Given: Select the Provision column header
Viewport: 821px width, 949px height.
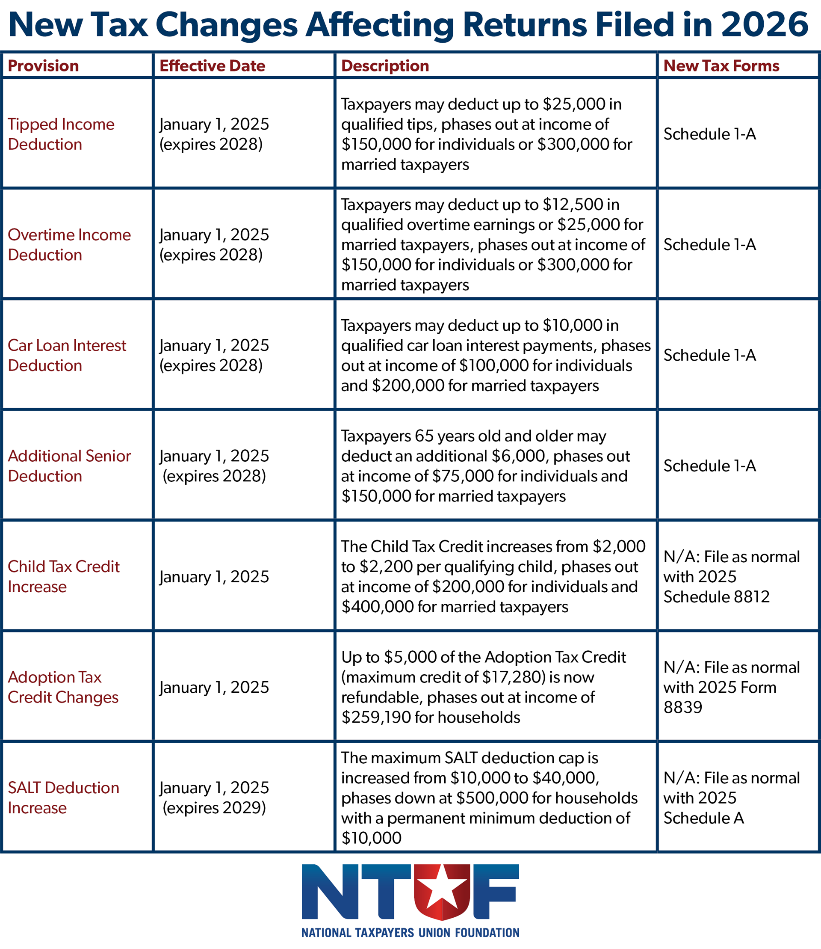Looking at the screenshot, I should pyautogui.click(x=44, y=66).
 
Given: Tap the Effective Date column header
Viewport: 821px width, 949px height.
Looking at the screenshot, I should pyautogui.click(x=212, y=66).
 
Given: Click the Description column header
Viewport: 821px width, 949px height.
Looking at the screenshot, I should pyautogui.click(x=385, y=66).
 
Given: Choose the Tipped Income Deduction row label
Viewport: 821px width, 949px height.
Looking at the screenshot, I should pyautogui.click(x=61, y=134).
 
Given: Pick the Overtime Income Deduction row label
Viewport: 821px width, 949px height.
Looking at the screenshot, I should pyautogui.click(x=69, y=245).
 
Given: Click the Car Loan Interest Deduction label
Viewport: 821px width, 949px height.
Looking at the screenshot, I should pyautogui.click(x=67, y=355).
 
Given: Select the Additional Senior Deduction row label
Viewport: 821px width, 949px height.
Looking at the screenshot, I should pyautogui.click(x=69, y=466).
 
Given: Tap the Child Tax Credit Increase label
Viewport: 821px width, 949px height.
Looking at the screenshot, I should pyautogui.click(x=63, y=576).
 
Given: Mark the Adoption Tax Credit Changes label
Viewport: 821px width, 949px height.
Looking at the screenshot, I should pyautogui.click(x=63, y=687).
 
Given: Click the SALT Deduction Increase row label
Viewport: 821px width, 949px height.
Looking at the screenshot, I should pyautogui.click(x=63, y=797).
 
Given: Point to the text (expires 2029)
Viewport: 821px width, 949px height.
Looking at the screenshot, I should pyautogui.click(x=214, y=807).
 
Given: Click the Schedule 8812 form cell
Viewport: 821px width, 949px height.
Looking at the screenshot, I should pyautogui.click(x=717, y=596).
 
